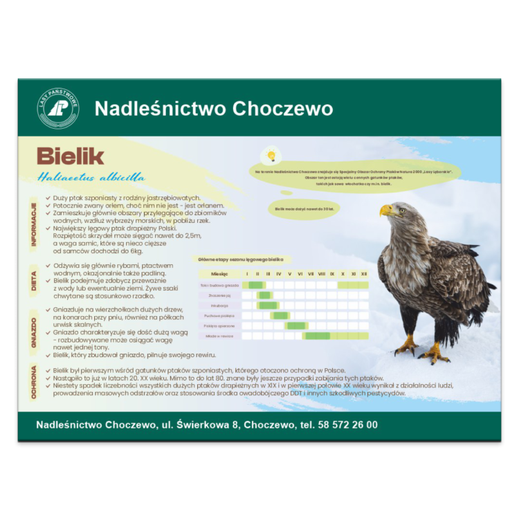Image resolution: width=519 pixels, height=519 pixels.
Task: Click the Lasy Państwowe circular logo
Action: (58, 108)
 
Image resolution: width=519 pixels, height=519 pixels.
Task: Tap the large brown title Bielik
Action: (70, 156)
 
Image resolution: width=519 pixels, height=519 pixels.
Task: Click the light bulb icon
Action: (271, 155)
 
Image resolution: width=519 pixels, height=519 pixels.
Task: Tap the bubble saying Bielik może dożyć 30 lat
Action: (299, 208)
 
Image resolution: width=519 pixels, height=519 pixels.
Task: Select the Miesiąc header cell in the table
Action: (219, 274)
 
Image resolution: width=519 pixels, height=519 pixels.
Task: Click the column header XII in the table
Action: (364, 274)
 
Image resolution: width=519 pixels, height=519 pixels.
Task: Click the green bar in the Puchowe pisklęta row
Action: (280, 316)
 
